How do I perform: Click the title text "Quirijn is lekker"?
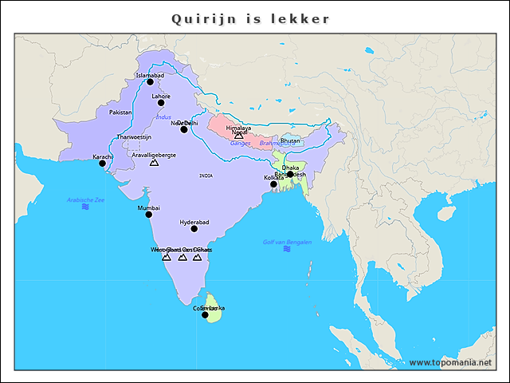[250, 18]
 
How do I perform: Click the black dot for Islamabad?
[150, 81]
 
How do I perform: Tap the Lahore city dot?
[161, 102]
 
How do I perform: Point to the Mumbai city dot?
[148, 214]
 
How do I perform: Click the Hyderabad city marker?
[194, 228]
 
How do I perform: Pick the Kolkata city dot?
[273, 184]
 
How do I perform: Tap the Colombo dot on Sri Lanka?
[205, 314]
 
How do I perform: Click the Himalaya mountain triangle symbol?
[238, 136]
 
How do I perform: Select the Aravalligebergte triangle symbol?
[154, 162]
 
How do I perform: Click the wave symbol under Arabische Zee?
[85, 207]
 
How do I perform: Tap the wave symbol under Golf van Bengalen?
[287, 249]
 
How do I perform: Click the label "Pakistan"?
[120, 113]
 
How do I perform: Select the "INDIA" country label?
[206, 175]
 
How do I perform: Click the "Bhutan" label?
[291, 140]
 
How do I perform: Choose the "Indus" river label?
[163, 117]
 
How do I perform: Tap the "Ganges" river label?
[240, 143]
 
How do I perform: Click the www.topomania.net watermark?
[455, 362]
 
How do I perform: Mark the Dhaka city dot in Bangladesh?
[290, 174]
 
